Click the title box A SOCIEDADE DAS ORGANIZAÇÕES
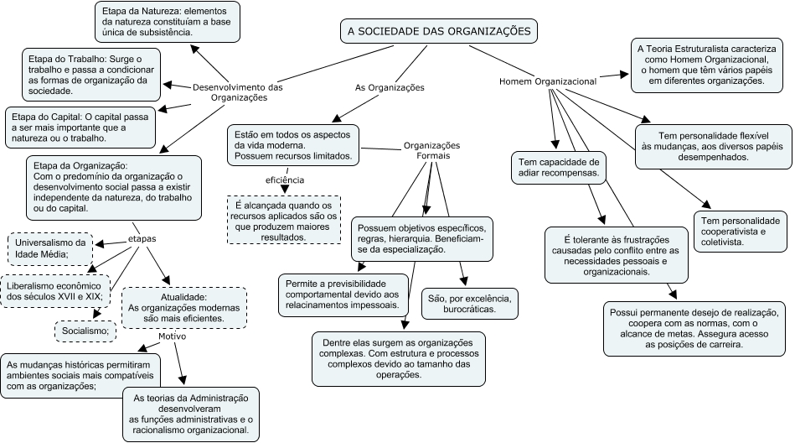tap(439, 32)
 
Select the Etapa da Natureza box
tap(168, 22)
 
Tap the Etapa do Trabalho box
tap(91, 76)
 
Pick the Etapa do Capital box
tap(80, 128)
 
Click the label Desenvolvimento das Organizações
tap(238, 92)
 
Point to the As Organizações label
tap(390, 87)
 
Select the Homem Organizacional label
tap(548, 81)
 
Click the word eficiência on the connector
tap(285, 180)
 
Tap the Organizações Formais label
tap(432, 150)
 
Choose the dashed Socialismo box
tap(85, 331)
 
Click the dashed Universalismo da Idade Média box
tap(51, 249)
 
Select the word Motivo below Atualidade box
tap(173, 336)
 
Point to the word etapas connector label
tap(142, 239)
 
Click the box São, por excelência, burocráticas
tap(469, 304)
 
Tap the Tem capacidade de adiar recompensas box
tap(559, 168)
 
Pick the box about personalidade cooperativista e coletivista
tap(741, 232)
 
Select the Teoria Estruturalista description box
tap(707, 65)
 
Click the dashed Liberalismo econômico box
tap(54, 292)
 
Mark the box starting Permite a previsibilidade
tap(343, 294)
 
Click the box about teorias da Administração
tap(191, 414)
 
